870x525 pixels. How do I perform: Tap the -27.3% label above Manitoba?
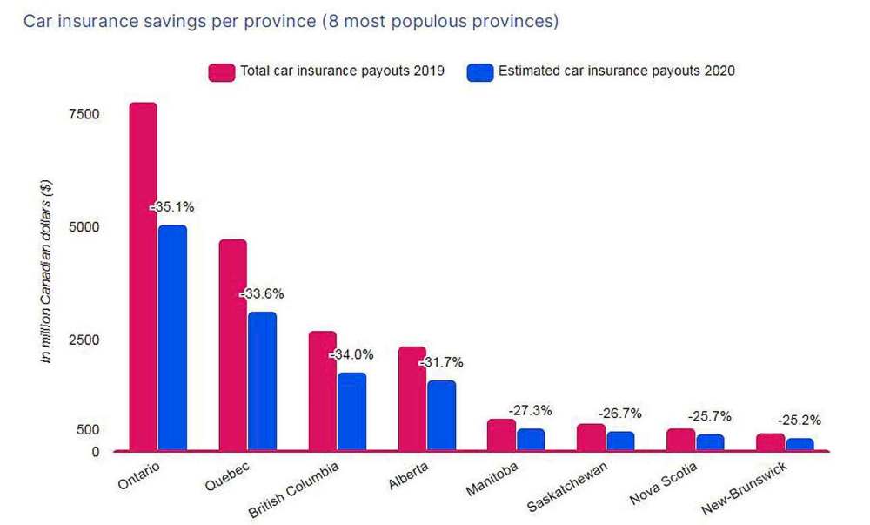pyautogui.click(x=530, y=410)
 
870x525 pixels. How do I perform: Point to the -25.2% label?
pyautogui.click(x=799, y=420)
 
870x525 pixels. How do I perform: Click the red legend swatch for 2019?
pyautogui.click(x=223, y=71)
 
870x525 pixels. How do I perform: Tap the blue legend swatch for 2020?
pyautogui.click(x=480, y=71)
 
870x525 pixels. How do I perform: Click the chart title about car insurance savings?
pyautogui.click(x=291, y=22)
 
